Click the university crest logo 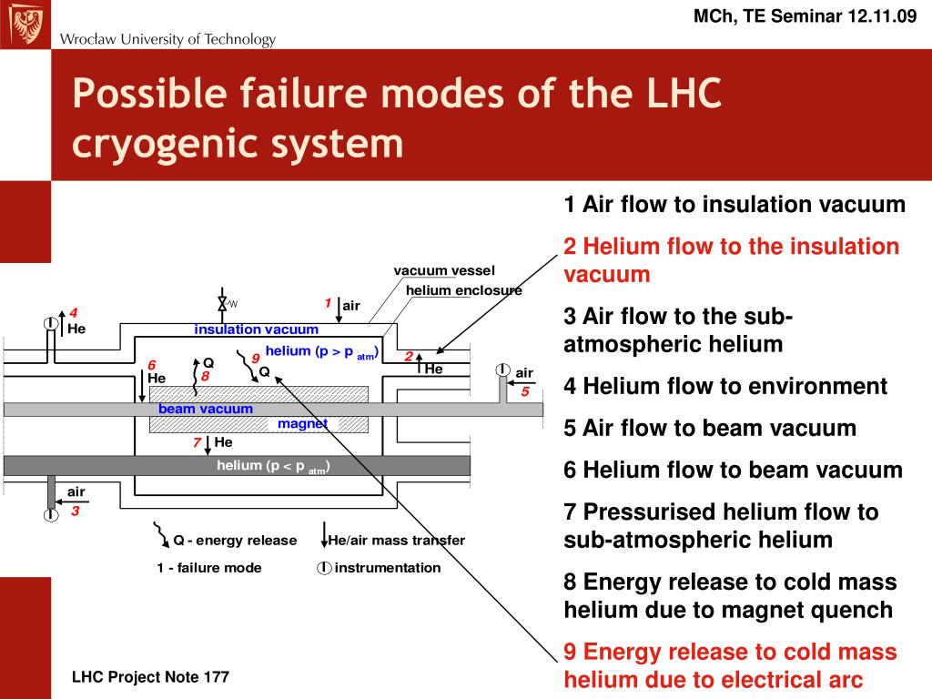click(24, 24)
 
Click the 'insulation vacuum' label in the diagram click(256, 329)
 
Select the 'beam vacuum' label click(206, 409)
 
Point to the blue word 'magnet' click(302, 424)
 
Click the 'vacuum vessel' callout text click(444, 270)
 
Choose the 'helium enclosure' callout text click(463, 290)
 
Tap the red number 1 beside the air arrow click(328, 302)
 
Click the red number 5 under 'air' click(525, 391)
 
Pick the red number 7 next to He click(196, 442)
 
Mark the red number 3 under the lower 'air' click(76, 512)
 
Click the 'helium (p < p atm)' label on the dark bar click(273, 467)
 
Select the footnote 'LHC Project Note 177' click(151, 677)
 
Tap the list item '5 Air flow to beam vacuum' click(710, 428)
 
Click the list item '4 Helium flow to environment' click(725, 386)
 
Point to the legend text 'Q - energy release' click(235, 541)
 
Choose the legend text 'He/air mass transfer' click(396, 541)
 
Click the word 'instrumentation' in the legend click(388, 568)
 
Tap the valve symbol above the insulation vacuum click(221, 303)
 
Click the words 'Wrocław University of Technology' click(167, 39)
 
